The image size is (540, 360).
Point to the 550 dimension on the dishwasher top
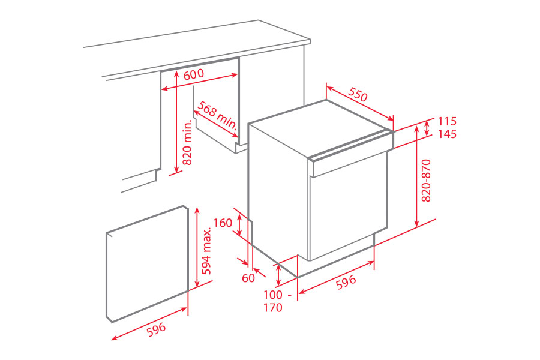[x=358, y=95]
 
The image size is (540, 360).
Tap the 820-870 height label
[x=427, y=180]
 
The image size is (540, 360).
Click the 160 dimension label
[x=222, y=223]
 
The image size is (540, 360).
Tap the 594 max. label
[x=207, y=251]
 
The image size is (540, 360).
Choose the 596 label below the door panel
[x=154, y=329]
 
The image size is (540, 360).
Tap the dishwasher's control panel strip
[x=348, y=157]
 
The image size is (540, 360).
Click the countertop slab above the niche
[x=198, y=51]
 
